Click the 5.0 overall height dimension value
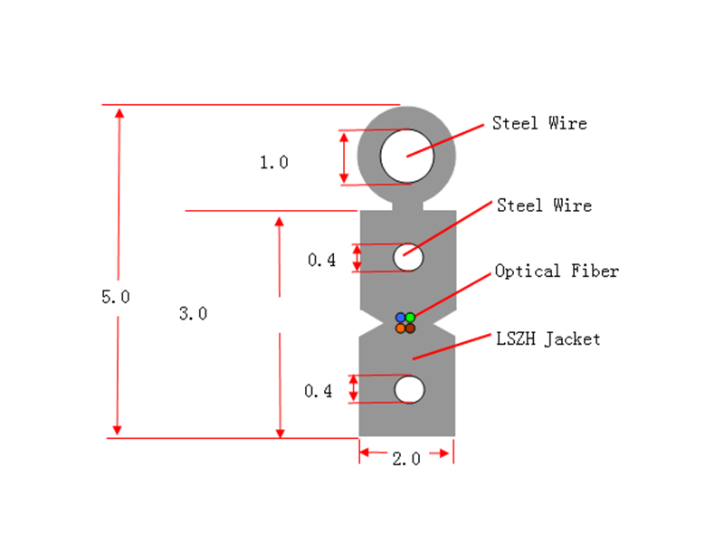click(x=116, y=297)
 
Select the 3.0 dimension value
click(x=193, y=314)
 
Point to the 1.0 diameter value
click(x=274, y=163)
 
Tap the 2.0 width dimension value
click(x=406, y=459)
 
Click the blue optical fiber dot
click(x=401, y=318)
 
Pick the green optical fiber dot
click(x=410, y=318)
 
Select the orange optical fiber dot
click(x=401, y=329)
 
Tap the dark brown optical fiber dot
click(x=410, y=329)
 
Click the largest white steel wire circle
click(x=406, y=156)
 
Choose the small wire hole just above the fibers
click(x=408, y=257)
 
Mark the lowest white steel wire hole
click(x=409, y=389)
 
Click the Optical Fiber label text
click(x=557, y=271)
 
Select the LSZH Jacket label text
click(x=548, y=338)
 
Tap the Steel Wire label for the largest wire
click(x=539, y=123)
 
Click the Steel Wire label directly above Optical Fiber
click(x=544, y=205)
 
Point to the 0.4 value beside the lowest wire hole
click(x=318, y=392)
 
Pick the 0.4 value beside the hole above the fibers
click(x=321, y=261)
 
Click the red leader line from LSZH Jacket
click(x=452, y=347)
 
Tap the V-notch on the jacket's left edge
click(x=372, y=323)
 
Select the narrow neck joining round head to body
click(x=407, y=206)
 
